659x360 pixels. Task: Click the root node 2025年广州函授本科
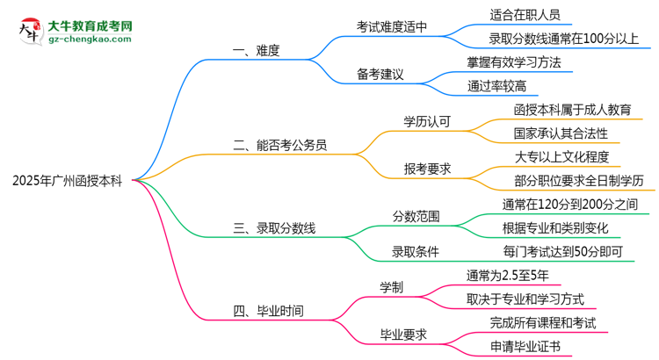69,181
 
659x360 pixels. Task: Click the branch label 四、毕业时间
268,310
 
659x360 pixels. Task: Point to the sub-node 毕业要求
403,335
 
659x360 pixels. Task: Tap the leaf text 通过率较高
498,85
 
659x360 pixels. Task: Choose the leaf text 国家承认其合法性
561,133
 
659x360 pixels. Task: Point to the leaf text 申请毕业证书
525,346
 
